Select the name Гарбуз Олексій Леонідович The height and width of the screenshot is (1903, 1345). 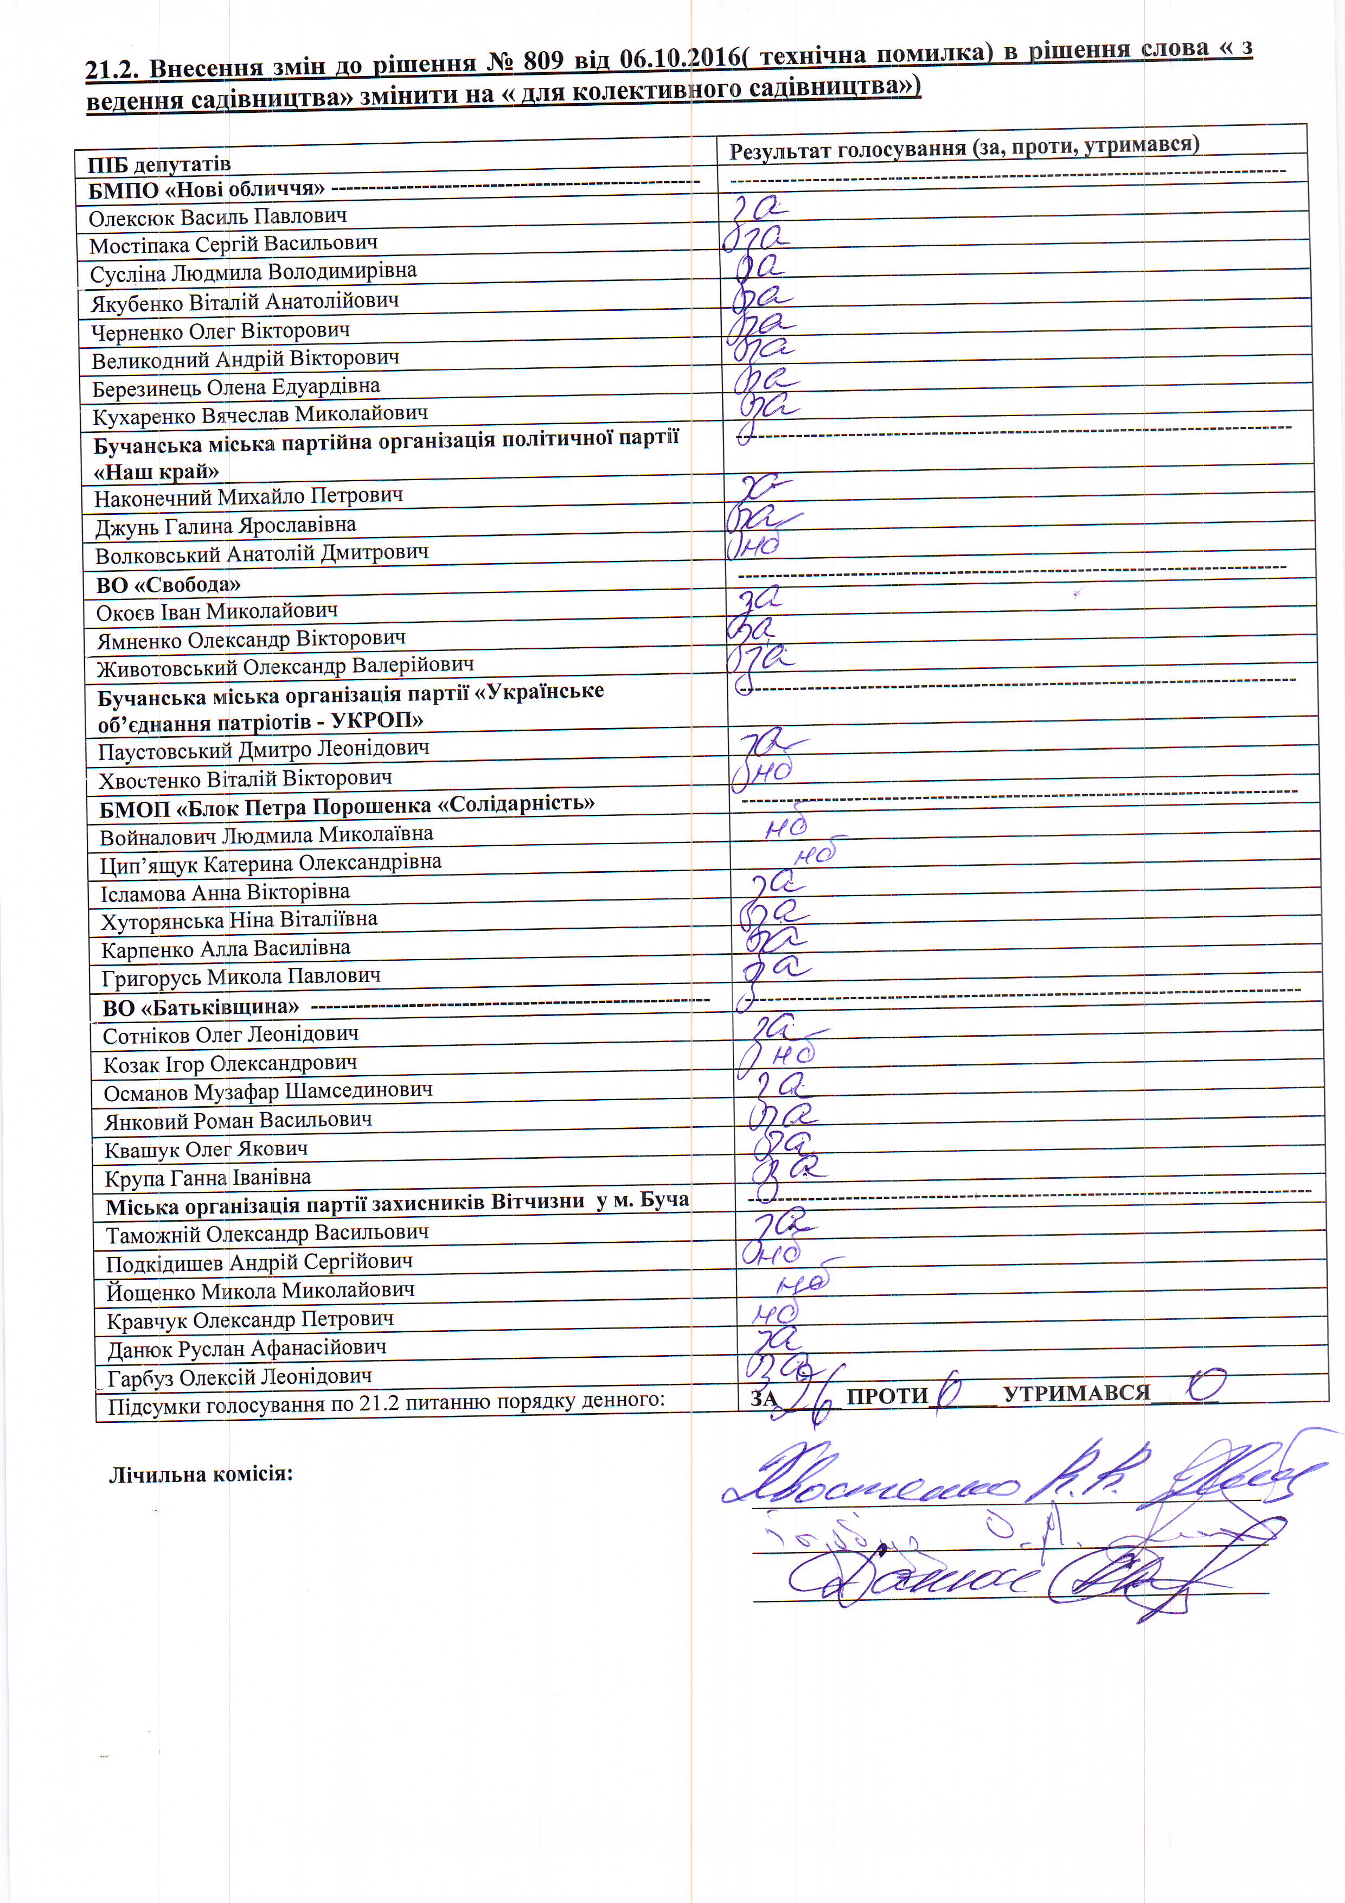click(240, 1377)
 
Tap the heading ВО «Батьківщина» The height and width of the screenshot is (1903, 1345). click(201, 1008)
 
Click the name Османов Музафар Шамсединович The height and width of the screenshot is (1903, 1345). click(268, 1091)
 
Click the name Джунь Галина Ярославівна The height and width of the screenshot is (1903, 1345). click(226, 526)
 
